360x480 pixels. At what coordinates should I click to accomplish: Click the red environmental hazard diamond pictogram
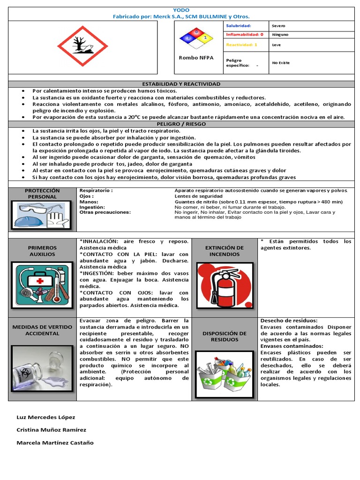coord(82,46)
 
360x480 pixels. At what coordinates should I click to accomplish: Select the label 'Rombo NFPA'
coord(196,58)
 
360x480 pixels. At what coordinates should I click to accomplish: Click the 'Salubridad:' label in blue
coord(239,26)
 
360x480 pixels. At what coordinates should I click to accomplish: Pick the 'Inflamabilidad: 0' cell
coord(245,34)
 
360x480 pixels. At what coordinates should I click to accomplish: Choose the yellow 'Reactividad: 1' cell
coord(241,45)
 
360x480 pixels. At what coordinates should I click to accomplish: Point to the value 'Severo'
coord(278,26)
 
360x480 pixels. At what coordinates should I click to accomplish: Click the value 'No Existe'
coord(281,63)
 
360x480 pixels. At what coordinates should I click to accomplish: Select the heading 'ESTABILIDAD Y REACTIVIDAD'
coord(181,84)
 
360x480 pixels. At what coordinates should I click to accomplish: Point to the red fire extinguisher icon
coord(224,285)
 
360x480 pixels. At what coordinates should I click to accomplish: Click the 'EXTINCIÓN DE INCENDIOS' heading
coord(224,251)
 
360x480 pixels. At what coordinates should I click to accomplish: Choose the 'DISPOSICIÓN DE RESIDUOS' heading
coord(224,336)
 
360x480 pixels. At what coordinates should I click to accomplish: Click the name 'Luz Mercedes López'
coord(45,417)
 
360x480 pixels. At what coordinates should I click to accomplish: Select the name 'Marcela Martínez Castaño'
coord(55,442)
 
